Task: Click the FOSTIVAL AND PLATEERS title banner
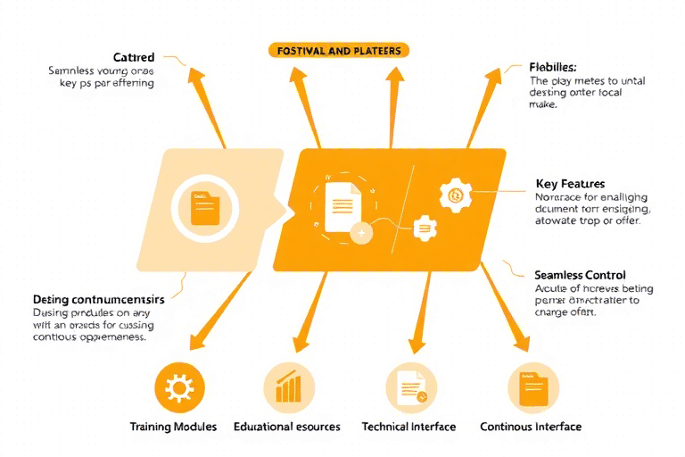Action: pyautogui.click(x=339, y=50)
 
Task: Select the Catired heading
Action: pyautogui.click(x=134, y=57)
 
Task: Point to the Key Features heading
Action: pyautogui.click(x=570, y=183)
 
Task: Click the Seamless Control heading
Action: pyautogui.click(x=580, y=275)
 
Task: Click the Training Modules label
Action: pyautogui.click(x=173, y=427)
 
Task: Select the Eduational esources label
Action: pyautogui.click(x=286, y=427)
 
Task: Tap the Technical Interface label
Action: pyautogui.click(x=409, y=427)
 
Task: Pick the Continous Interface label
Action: pyautogui.click(x=531, y=427)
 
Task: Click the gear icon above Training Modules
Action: pyautogui.click(x=179, y=386)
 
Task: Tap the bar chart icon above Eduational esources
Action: pyautogui.click(x=289, y=387)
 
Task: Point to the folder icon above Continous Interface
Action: pyautogui.click(x=533, y=387)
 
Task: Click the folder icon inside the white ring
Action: pyautogui.click(x=205, y=208)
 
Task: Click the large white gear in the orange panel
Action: pyautogui.click(x=456, y=195)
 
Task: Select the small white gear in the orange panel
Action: pyautogui.click(x=425, y=228)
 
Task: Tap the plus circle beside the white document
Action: pyautogui.click(x=361, y=234)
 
